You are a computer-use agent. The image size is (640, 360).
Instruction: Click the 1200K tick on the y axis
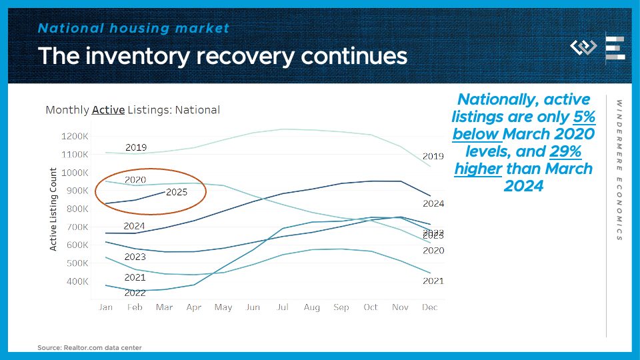tap(75, 136)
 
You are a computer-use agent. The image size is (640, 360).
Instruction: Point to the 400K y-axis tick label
tap(77, 281)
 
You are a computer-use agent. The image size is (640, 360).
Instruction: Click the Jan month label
tap(105, 307)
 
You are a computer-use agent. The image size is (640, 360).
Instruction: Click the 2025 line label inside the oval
tap(177, 192)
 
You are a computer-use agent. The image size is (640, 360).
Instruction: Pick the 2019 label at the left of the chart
tap(136, 147)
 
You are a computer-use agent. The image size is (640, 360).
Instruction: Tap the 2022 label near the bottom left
tap(135, 293)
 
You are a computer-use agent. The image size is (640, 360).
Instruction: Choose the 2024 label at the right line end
tap(433, 203)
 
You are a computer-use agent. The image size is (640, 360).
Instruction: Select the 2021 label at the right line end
tap(433, 281)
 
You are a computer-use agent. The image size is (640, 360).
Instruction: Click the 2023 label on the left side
tap(135, 257)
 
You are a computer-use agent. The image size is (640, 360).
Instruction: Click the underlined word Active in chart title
tap(108, 110)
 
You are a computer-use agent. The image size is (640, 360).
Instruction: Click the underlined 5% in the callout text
tap(584, 117)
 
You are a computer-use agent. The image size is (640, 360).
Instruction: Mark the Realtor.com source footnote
tap(89, 347)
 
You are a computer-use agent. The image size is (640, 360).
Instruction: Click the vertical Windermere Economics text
tap(619, 170)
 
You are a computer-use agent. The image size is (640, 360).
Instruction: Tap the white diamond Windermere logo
tap(583, 47)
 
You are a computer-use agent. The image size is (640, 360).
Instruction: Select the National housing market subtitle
tap(133, 28)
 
